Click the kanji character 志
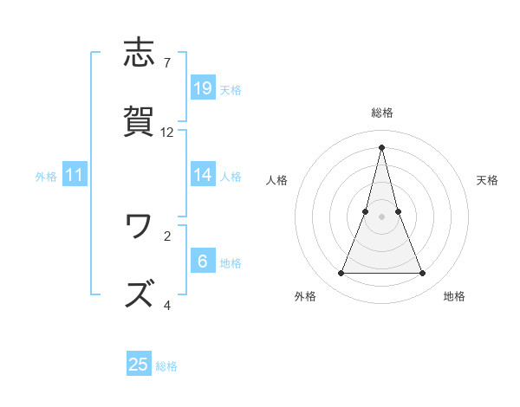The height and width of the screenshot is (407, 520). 140,54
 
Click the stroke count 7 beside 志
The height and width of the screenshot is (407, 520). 166,63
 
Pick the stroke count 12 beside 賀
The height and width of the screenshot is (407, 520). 167,132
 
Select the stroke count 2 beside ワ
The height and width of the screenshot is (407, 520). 166,235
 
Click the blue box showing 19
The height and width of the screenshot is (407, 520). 203,87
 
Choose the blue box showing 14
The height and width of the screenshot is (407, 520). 203,175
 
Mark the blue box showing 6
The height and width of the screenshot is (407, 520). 203,262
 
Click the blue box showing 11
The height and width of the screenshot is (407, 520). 75,176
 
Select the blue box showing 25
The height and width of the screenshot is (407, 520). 139,365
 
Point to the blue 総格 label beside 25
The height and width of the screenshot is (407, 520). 166,366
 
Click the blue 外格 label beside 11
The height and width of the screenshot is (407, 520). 46,177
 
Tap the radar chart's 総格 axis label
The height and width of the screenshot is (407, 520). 382,113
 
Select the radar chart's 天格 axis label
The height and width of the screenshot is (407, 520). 487,180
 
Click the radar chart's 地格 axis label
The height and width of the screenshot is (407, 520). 454,296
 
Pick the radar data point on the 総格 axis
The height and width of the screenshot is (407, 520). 382,147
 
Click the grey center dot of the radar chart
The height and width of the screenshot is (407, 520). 382,216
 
